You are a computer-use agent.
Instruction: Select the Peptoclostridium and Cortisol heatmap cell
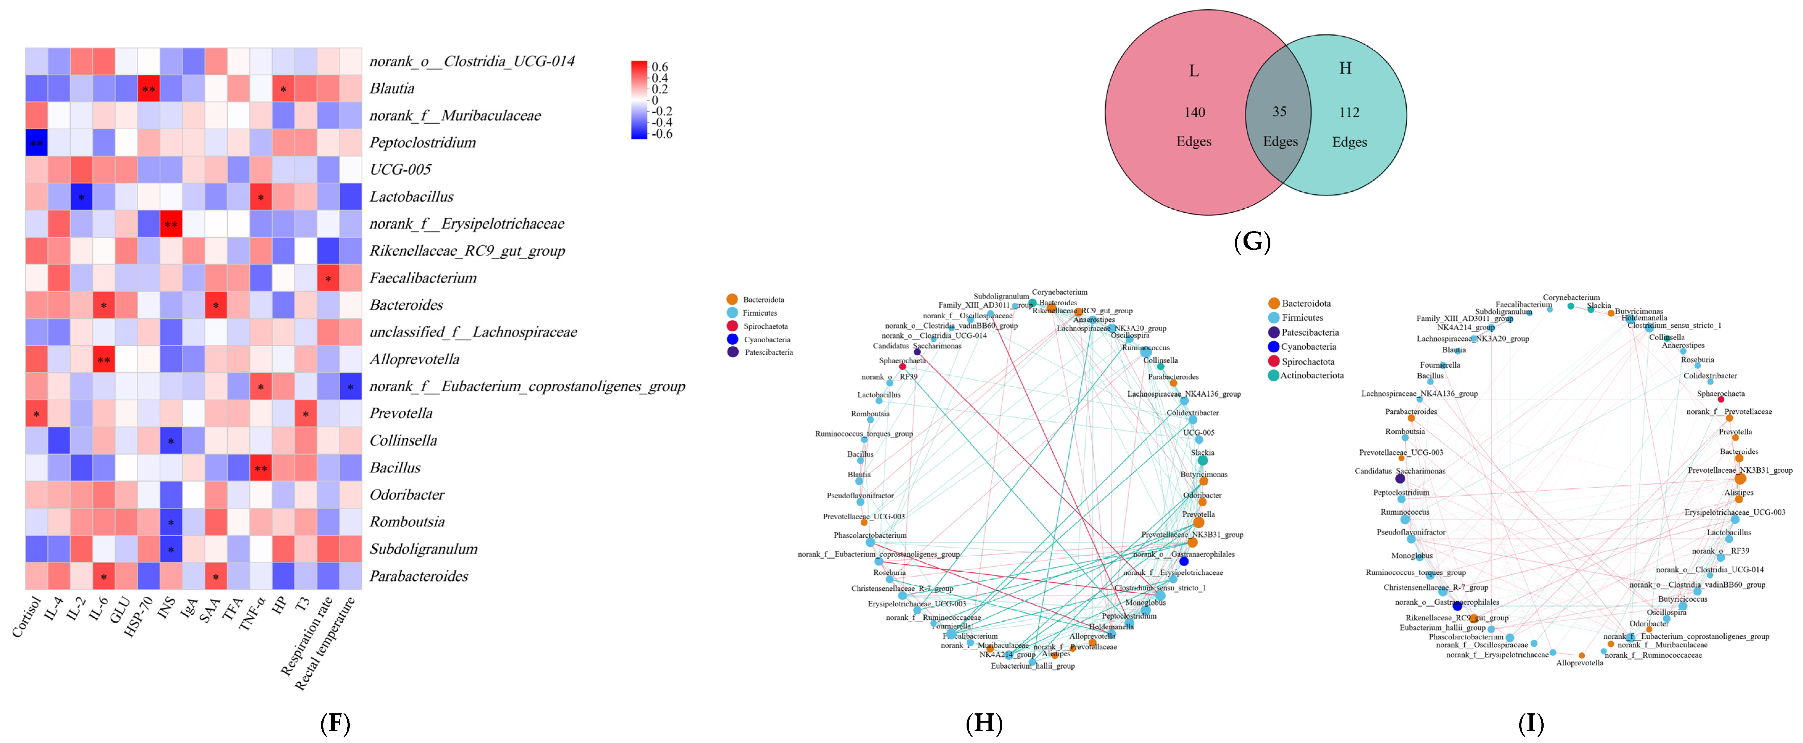[36, 143]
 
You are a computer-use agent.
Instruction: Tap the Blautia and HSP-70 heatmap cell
[148, 89]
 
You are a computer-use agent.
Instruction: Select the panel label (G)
[1252, 242]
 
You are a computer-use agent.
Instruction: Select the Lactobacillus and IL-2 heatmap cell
[81, 198]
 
